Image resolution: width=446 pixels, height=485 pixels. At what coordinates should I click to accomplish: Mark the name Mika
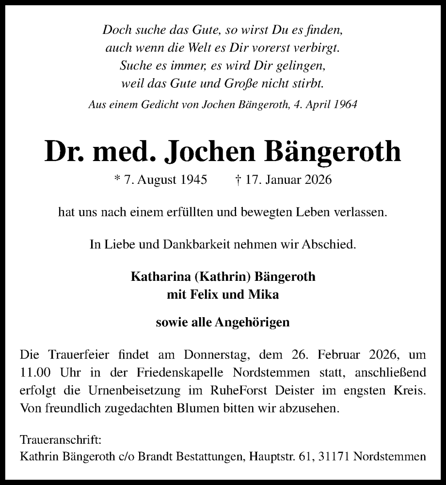(266, 294)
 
